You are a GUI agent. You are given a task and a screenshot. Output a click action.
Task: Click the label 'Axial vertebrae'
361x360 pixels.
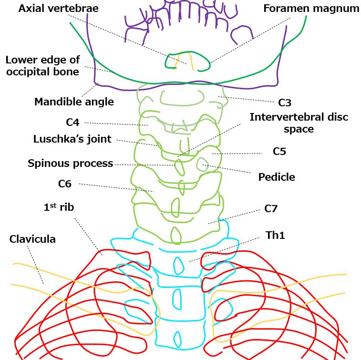(x=58, y=8)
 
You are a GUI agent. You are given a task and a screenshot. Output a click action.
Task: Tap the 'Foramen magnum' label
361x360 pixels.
(x=311, y=9)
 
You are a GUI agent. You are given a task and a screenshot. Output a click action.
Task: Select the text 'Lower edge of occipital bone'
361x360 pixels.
(x=42, y=66)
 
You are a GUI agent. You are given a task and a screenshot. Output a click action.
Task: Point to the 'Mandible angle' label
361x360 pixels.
(x=74, y=102)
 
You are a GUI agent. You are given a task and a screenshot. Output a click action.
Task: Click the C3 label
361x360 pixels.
(x=285, y=103)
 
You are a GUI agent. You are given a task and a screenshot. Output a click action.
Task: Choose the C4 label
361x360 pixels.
(x=72, y=123)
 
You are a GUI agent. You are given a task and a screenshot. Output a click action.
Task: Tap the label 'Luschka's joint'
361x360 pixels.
(x=72, y=139)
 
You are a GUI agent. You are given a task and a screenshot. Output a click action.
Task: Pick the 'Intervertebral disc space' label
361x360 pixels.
(x=299, y=123)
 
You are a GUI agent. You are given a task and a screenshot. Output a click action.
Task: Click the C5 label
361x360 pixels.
(x=279, y=152)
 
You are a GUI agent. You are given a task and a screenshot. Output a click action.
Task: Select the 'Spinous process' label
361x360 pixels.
(x=70, y=164)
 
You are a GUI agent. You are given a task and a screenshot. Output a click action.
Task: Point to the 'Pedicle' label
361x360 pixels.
(x=277, y=177)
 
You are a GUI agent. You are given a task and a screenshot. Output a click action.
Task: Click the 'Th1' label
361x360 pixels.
(x=276, y=235)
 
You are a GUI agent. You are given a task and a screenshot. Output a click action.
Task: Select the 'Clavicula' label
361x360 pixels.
(x=32, y=239)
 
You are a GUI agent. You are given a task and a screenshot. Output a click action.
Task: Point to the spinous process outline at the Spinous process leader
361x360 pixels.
(x=179, y=167)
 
